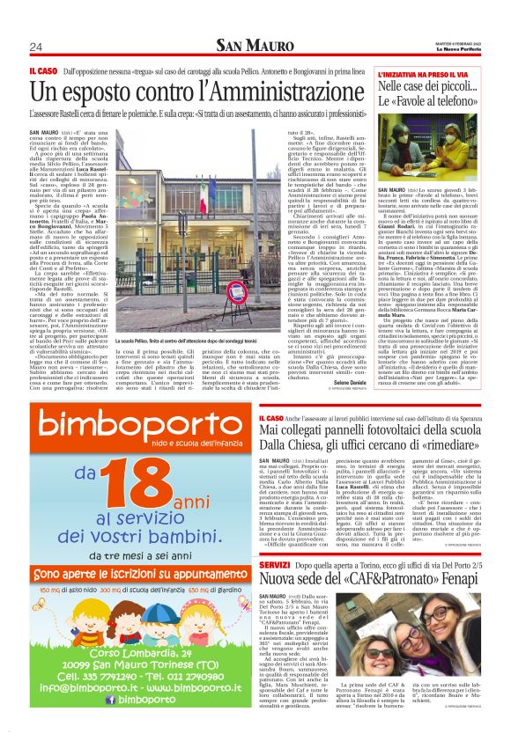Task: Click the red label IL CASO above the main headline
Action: coord(43,69)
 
